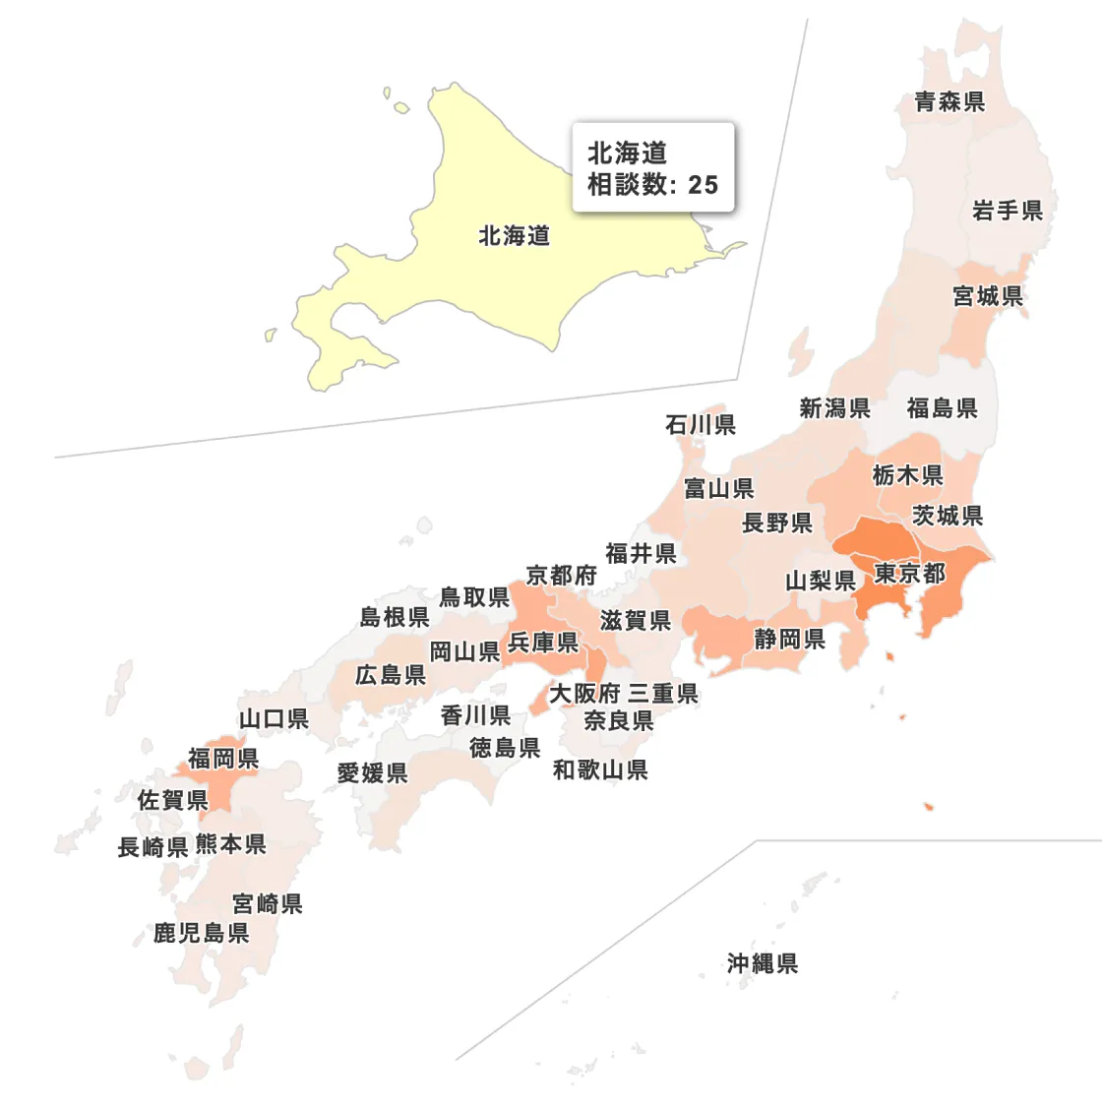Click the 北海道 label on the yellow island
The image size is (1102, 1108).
click(514, 236)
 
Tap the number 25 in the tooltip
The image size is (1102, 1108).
click(703, 185)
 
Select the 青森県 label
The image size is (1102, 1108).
click(949, 101)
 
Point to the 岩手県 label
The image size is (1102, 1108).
click(1007, 211)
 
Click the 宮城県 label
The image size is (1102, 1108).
click(988, 296)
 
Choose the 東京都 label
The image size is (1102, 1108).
click(909, 574)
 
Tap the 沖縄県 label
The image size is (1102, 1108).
click(763, 963)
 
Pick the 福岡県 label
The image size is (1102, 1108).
click(223, 758)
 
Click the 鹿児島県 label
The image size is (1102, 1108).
click(201, 933)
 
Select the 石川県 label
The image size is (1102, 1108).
click(701, 425)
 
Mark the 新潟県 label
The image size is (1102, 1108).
click(834, 408)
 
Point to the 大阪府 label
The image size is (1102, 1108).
click(584, 694)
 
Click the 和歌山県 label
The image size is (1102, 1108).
click(600, 770)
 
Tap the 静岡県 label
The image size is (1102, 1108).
click(789, 640)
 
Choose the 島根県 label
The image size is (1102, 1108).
click(395, 617)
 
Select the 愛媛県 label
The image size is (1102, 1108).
click(372, 773)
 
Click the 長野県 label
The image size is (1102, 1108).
click(777, 523)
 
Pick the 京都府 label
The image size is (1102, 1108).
click(561, 576)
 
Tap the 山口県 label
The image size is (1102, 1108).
click(274, 719)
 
